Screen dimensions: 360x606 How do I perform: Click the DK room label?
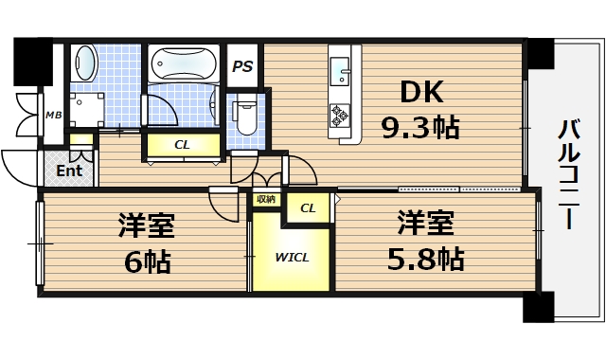pos(422,93)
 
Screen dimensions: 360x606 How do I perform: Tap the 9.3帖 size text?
pos(420,128)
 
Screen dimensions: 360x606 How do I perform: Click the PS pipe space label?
pos(242,67)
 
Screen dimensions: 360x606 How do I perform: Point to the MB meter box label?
pos(53,116)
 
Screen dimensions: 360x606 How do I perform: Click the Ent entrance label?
pos(69,171)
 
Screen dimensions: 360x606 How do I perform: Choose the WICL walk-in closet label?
pos(292,257)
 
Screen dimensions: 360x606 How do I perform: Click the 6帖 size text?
pos(147,261)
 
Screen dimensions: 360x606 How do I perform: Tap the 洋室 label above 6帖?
pos(146,225)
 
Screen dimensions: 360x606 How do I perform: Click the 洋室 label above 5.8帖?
pos(424,224)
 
